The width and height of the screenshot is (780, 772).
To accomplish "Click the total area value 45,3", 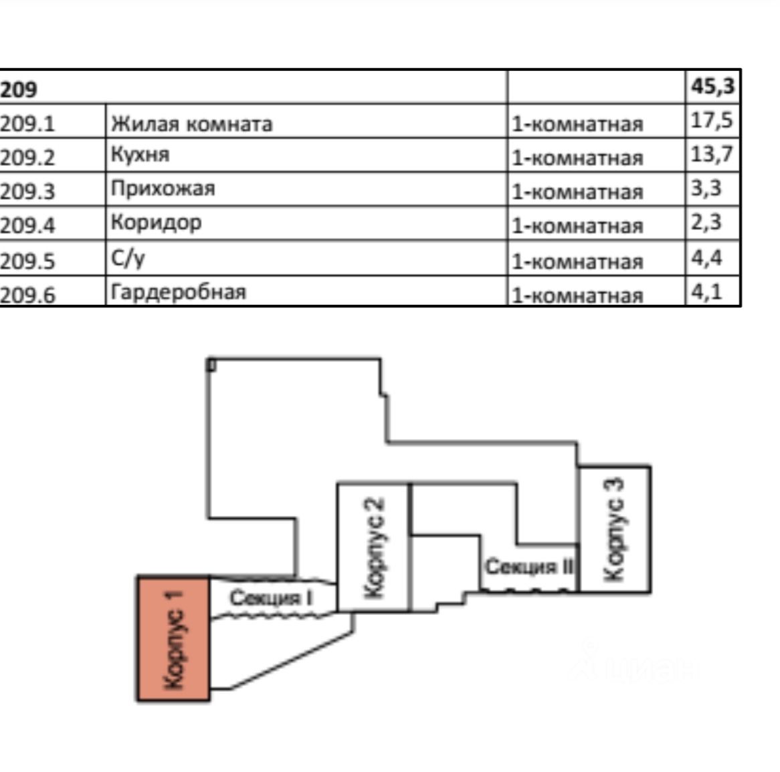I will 712,86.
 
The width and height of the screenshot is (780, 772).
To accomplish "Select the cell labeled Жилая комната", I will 191,124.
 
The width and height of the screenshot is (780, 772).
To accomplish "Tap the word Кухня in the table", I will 140,154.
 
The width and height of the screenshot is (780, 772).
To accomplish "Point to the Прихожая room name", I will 163,188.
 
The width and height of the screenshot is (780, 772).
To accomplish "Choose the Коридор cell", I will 156,223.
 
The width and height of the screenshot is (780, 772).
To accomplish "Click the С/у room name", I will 127,257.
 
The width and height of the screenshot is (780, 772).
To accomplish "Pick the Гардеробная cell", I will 178,292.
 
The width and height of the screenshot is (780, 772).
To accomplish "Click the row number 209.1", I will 27,124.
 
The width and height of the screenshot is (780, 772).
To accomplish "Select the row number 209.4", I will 27,225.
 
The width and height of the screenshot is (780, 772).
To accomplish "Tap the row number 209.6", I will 27,295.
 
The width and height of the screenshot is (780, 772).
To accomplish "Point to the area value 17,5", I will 712,121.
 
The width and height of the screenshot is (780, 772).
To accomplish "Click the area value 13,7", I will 712,154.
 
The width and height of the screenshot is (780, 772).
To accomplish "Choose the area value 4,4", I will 706,257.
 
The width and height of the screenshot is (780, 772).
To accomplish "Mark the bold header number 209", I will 19,89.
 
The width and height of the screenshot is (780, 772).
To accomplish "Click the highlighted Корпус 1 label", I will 173,638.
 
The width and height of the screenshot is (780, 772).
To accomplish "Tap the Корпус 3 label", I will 613,529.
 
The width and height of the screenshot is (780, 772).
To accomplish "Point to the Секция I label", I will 271,597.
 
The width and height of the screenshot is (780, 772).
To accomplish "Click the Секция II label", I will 529,567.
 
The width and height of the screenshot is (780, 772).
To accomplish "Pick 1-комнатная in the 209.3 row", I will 577,192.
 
